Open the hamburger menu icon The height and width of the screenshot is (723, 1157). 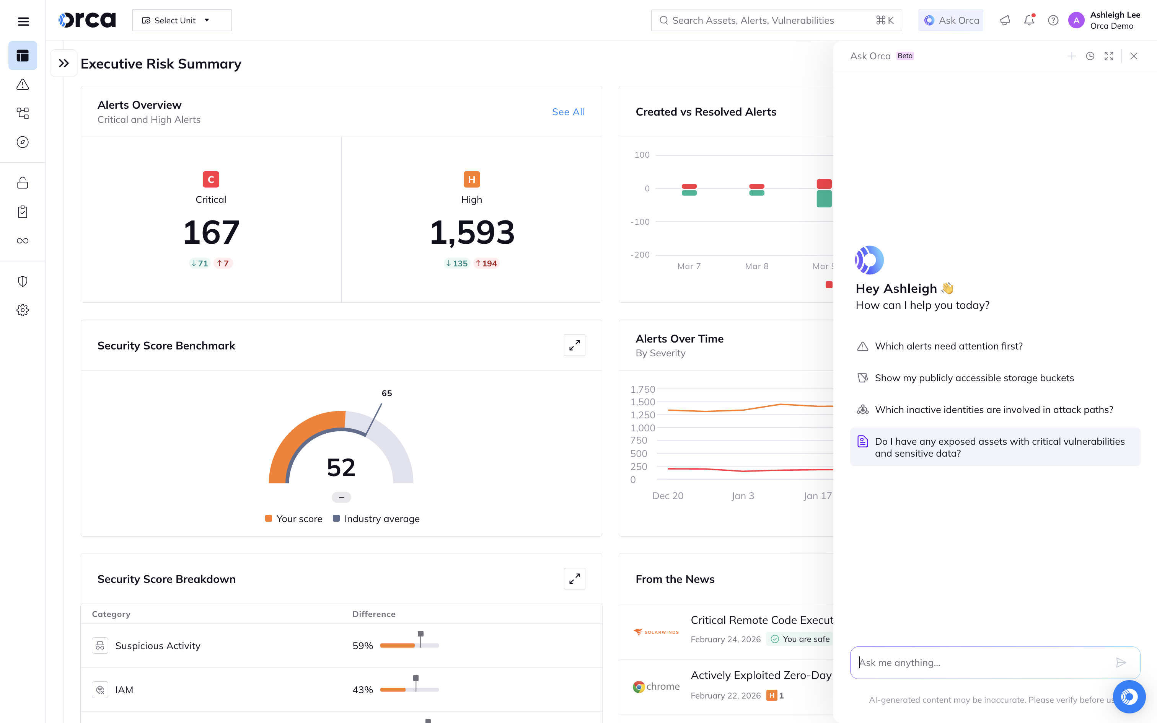[23, 21]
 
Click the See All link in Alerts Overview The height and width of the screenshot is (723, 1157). [568, 112]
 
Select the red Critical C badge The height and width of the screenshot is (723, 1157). [211, 180]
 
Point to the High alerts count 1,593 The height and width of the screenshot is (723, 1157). [472, 233]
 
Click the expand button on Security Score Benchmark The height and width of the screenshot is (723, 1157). [574, 345]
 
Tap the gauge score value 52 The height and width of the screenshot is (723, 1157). [341, 467]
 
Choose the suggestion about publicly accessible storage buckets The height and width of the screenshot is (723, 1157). [974, 378]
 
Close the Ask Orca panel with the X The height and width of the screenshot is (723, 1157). [1133, 56]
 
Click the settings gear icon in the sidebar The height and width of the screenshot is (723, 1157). [23, 310]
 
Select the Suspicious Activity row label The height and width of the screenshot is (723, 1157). [158, 646]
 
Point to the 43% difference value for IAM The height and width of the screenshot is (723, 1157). [362, 690]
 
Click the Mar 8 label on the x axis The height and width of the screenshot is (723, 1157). [756, 266]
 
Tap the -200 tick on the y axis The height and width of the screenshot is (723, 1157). [641, 255]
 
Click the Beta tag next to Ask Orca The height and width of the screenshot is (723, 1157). [904, 56]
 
